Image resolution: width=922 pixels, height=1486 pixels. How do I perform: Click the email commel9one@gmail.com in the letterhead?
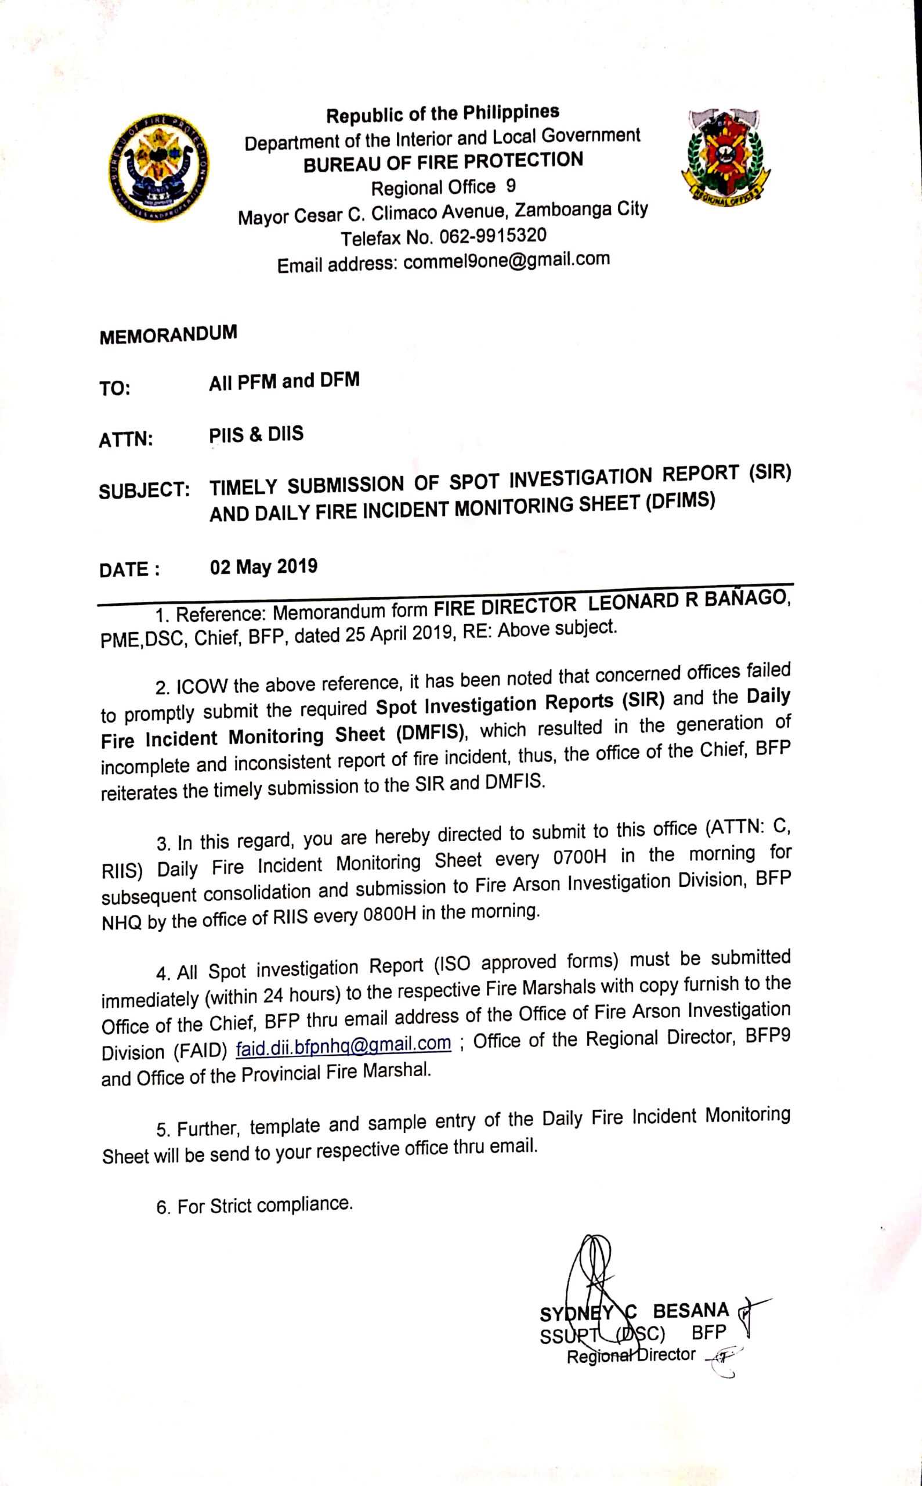coord(506,261)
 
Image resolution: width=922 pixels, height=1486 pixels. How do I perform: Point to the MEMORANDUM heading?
coord(168,335)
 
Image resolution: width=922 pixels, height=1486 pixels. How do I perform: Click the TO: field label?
coord(115,388)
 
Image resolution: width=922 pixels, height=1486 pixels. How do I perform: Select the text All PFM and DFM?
coord(284,381)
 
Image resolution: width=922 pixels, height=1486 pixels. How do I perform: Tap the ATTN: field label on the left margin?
coord(125,439)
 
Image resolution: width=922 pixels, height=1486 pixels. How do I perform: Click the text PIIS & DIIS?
coord(256,434)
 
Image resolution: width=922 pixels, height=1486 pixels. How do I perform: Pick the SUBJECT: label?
coord(144,492)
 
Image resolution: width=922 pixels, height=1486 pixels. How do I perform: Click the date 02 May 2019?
coord(263,567)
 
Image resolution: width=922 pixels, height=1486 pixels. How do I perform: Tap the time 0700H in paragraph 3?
coord(579,859)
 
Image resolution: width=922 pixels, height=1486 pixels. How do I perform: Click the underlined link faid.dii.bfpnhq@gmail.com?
coord(344,1044)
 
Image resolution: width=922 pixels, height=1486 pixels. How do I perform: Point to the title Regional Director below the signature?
coord(631,1355)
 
